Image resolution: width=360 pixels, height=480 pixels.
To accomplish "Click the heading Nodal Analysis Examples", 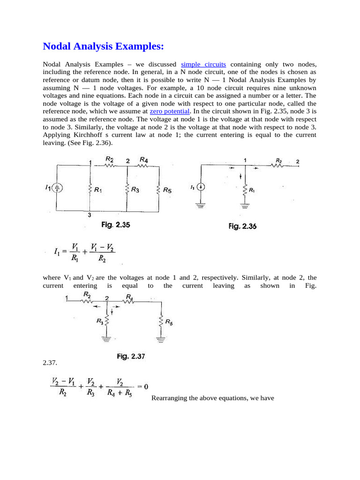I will point(103,46).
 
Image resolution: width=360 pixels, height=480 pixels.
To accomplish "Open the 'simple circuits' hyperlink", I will point(203,64).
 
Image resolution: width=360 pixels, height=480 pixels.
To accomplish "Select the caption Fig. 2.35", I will point(116,225).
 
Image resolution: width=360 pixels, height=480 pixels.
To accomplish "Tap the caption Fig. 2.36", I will point(242,226).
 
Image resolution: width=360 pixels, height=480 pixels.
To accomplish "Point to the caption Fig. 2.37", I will point(131,356).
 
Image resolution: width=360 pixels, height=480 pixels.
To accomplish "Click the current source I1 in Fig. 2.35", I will point(57,188).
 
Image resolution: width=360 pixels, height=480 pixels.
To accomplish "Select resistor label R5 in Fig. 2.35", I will point(167,191).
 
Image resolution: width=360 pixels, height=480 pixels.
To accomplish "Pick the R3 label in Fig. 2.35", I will point(135,190).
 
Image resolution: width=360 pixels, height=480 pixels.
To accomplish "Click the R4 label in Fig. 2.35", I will point(143,160).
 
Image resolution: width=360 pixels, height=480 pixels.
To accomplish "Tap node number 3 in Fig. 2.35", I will point(89,215).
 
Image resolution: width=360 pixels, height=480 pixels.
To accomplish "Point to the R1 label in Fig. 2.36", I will point(252,190).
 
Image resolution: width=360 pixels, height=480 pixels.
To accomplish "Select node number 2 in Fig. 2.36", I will point(298,162).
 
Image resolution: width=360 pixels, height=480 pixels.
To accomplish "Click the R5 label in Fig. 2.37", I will point(169,322).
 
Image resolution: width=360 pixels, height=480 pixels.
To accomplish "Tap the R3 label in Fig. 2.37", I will point(100,321).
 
